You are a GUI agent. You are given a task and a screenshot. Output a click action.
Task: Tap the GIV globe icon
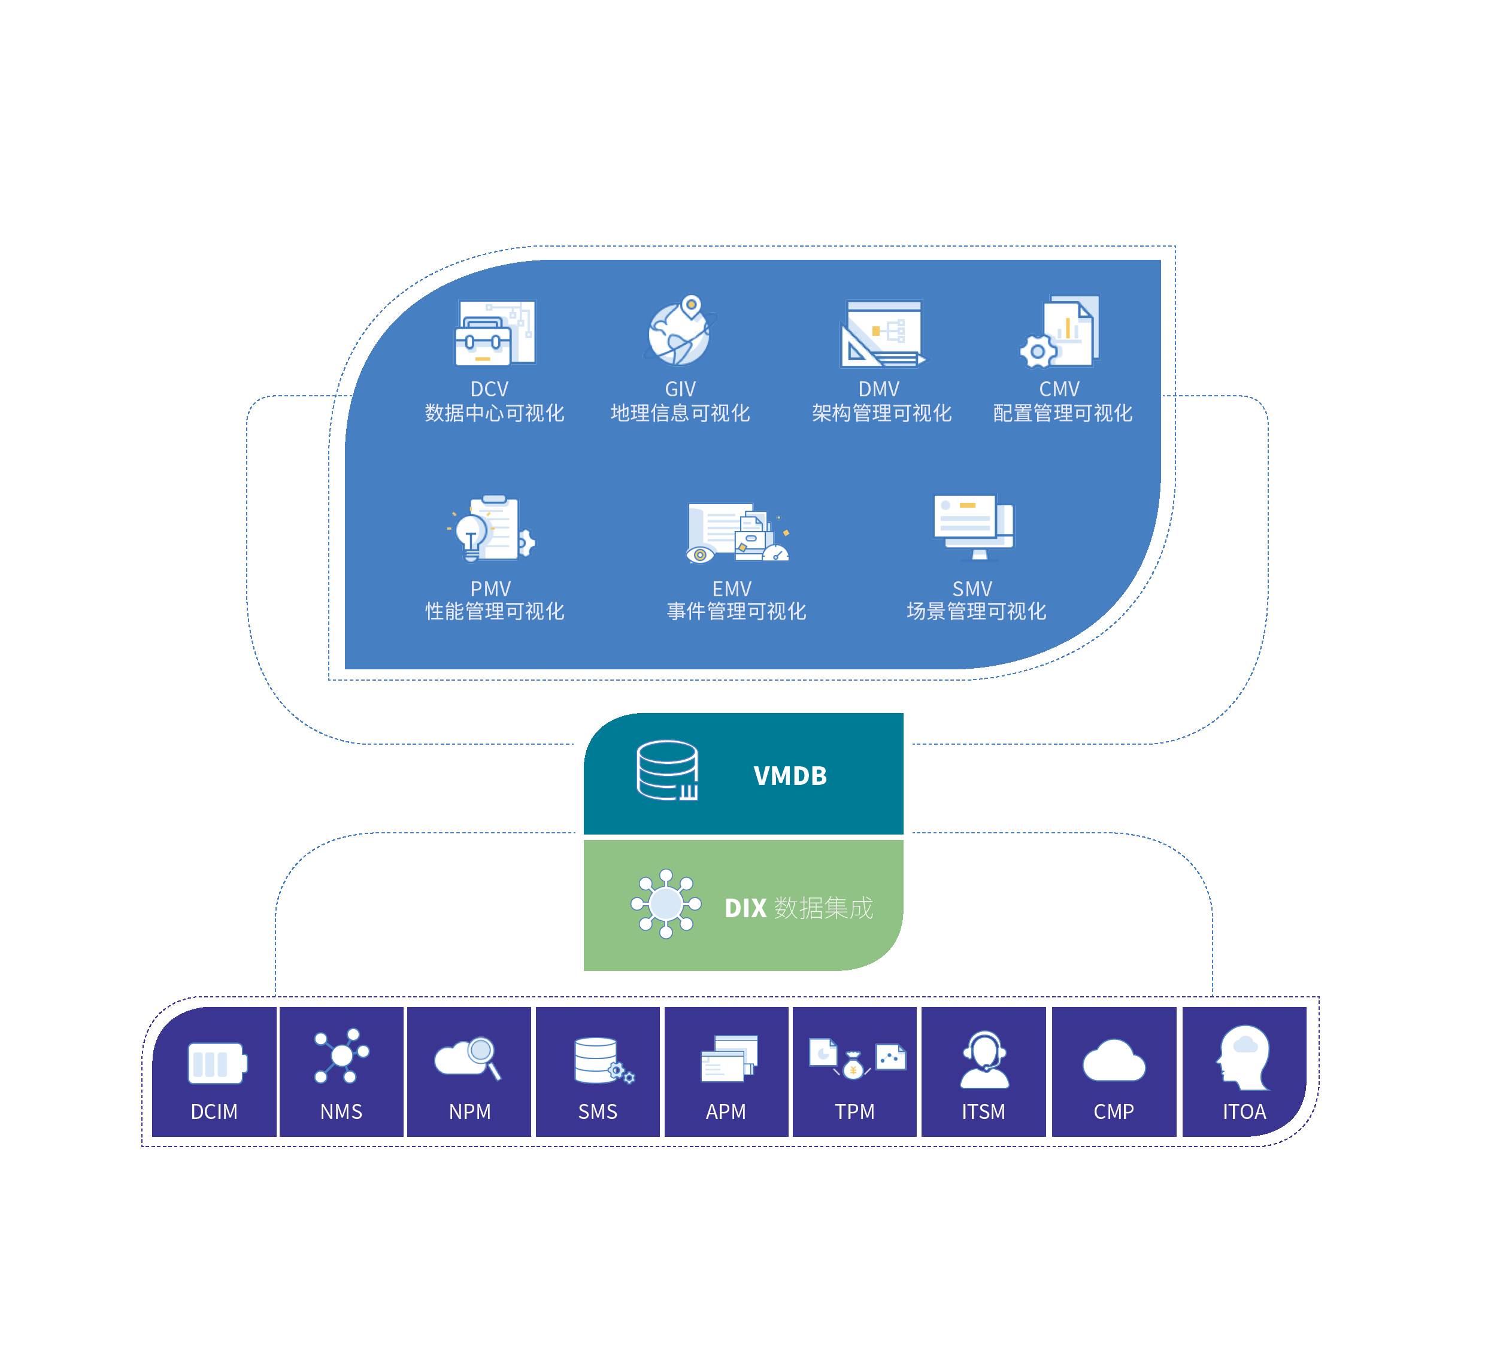(678, 333)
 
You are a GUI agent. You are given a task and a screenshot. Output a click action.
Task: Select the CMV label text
(1059, 389)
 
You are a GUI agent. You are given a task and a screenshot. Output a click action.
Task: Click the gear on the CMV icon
(1037, 351)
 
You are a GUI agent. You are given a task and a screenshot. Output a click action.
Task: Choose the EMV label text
(732, 588)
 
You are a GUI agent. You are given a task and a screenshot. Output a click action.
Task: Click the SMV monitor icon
(972, 525)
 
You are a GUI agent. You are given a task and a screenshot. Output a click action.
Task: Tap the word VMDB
(790, 775)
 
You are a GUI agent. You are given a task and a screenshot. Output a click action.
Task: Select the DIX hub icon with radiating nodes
(666, 903)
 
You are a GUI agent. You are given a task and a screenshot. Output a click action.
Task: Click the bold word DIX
(745, 908)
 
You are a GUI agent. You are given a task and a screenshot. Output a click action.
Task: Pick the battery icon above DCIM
(217, 1063)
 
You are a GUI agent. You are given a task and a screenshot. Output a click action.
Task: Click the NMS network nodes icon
(341, 1055)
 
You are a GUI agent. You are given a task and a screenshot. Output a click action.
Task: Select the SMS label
(598, 1111)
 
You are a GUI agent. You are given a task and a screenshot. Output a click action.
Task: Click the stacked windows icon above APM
(728, 1058)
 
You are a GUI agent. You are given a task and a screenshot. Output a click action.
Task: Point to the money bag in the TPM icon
(853, 1066)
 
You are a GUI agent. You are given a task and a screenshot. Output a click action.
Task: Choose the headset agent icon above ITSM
(984, 1060)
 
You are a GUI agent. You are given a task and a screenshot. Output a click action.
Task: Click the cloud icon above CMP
(1113, 1061)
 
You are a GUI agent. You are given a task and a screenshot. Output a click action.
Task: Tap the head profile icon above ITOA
(1244, 1058)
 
